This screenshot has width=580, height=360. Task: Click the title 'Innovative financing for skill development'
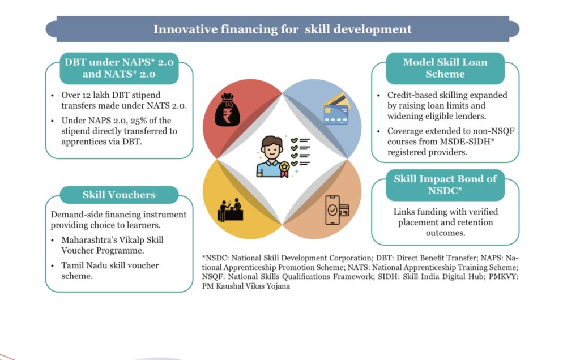point(282,29)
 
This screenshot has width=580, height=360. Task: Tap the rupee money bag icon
point(227,110)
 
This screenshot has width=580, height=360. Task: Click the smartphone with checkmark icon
point(336,210)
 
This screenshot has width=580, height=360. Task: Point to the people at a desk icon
point(230,210)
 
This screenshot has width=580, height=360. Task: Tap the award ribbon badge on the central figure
point(284,169)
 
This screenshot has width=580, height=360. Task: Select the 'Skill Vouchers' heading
point(119,195)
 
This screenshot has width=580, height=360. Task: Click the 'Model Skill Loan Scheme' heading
point(445,68)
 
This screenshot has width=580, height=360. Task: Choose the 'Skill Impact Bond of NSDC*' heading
point(445,185)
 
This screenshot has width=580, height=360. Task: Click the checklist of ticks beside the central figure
point(300,152)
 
